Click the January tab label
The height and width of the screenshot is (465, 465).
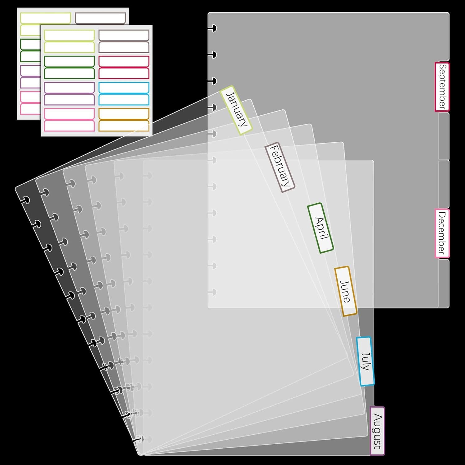(236, 110)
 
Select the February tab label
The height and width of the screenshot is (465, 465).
(280, 167)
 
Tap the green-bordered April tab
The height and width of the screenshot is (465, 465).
(320, 228)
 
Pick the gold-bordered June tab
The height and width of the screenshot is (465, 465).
(346, 291)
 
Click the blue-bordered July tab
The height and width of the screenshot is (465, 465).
(365, 361)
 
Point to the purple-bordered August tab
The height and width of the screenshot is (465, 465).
(377, 431)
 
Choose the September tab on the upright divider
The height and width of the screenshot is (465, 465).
(442, 87)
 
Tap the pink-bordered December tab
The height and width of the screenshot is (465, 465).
(442, 233)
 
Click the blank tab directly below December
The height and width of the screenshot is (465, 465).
(444, 283)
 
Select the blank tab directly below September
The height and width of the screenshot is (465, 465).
(444, 136)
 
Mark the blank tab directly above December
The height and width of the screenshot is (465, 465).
(444, 184)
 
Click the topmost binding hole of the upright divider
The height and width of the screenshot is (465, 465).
(213, 29)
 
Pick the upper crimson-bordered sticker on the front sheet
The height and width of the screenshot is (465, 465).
(124, 61)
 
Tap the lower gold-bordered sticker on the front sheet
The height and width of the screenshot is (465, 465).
(124, 126)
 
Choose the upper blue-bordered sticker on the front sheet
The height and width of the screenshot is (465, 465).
(124, 88)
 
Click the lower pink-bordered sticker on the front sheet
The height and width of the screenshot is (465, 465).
(69, 126)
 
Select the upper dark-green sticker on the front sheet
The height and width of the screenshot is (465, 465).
(69, 61)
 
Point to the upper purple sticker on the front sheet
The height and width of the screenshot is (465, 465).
(69, 88)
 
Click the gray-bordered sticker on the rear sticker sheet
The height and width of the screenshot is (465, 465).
(100, 18)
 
